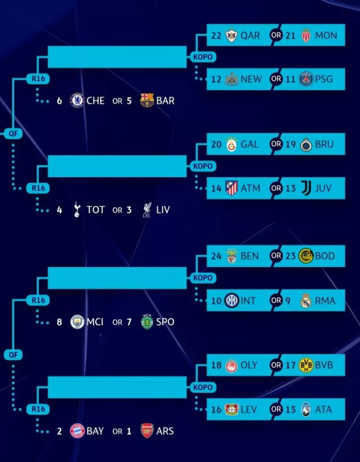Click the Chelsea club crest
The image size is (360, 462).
tap(77, 100)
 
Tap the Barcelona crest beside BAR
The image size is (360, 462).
tap(147, 100)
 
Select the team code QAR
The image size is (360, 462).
tap(250, 35)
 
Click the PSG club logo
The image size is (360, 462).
tap(306, 79)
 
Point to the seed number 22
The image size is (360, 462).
tap(216, 35)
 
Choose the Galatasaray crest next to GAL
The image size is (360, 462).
tap(231, 145)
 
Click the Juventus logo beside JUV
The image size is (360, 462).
tap(306, 188)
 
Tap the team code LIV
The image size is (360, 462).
tap(162, 210)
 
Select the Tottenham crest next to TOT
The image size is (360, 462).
tap(77, 210)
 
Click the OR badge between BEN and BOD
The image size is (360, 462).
tap(276, 256)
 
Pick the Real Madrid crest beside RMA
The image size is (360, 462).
tap(306, 300)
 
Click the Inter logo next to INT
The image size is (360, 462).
tap(231, 300)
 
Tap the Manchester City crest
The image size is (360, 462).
tap(77, 322)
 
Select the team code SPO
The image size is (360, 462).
tap(165, 322)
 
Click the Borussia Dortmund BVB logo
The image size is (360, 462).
tap(306, 365)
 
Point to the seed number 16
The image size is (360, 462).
tap(216, 409)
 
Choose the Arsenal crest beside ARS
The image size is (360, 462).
tap(147, 431)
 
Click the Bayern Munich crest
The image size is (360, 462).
tap(77, 431)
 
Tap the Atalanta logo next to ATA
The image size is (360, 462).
tap(306, 409)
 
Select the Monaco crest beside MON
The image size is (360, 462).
tap(306, 35)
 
